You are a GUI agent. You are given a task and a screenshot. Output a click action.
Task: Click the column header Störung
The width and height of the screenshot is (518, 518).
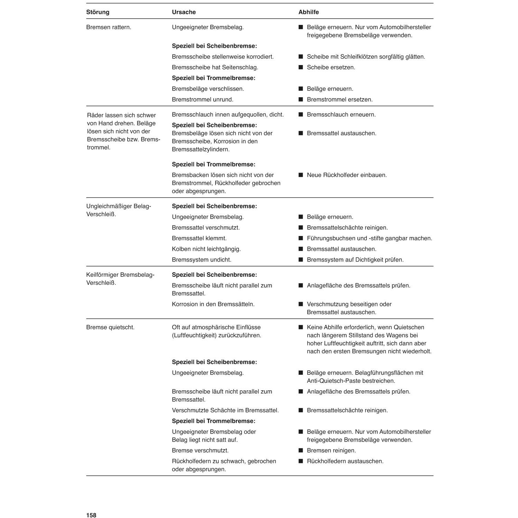[x=98, y=12]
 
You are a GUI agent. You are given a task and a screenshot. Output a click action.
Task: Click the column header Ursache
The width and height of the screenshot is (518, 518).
[x=184, y=12]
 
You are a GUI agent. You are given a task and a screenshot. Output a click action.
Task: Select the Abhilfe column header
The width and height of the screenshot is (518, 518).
[x=309, y=12]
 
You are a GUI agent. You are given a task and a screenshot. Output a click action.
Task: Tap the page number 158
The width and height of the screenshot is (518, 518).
[x=91, y=515]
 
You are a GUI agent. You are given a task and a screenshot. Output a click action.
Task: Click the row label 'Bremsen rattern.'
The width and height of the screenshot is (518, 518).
[x=109, y=27]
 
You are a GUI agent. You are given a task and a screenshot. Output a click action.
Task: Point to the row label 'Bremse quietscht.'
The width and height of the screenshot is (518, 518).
[x=110, y=327]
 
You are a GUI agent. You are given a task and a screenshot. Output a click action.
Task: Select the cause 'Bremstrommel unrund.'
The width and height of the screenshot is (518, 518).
[x=202, y=100]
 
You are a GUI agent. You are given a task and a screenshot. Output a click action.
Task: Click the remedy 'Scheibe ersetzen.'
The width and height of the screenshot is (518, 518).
[x=331, y=67]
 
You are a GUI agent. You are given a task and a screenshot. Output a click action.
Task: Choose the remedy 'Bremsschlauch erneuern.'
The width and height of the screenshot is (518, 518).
[x=341, y=115]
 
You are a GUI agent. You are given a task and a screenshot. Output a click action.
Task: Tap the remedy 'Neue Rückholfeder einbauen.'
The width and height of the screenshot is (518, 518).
[x=347, y=175]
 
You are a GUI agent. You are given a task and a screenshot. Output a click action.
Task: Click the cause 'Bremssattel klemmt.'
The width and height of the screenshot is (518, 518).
[x=199, y=238]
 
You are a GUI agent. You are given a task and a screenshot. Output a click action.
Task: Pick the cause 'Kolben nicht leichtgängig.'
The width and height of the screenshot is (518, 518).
[x=206, y=249]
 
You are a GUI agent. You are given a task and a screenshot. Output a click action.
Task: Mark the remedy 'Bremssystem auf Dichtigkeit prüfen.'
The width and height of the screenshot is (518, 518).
[x=355, y=260]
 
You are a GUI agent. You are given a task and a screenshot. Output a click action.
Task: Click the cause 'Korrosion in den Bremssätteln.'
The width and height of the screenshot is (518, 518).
[x=213, y=304]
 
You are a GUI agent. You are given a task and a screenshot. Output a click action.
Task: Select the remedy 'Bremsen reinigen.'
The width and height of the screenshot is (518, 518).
[x=331, y=451]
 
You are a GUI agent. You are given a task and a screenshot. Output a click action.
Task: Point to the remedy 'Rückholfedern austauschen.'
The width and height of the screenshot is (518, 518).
[x=345, y=461]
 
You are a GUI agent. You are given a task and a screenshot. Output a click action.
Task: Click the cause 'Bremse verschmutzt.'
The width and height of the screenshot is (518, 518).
[x=200, y=451]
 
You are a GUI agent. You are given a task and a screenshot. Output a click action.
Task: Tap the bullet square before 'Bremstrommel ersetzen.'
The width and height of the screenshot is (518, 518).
[x=301, y=100]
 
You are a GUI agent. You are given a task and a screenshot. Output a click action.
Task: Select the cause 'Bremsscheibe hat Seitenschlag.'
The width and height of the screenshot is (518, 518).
[x=215, y=67]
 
